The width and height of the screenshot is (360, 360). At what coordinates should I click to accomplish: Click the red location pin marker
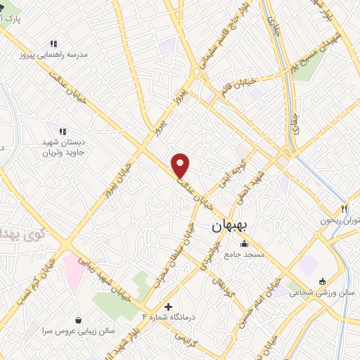(x=181, y=165)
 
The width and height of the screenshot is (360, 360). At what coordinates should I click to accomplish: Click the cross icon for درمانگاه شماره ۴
(x=168, y=307)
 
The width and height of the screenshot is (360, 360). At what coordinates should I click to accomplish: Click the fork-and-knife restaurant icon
(x=344, y=208)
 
